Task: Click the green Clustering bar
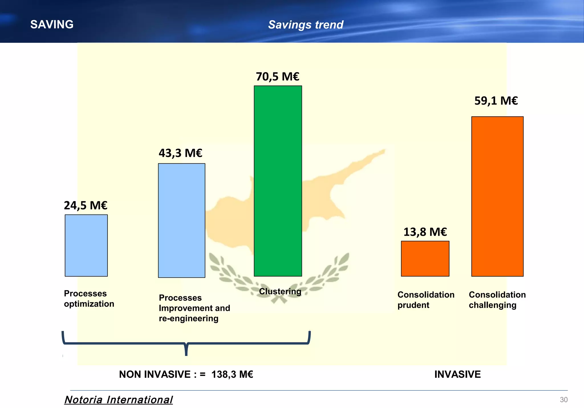278,181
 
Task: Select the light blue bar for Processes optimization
86,245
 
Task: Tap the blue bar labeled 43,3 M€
182,220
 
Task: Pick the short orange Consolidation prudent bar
425,259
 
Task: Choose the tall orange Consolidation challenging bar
497,196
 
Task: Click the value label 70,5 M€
277,77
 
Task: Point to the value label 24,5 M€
86,205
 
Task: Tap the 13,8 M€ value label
425,232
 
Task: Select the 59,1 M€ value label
496,101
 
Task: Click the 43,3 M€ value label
181,153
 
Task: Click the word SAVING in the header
52,25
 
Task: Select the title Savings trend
306,25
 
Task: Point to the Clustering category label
280,291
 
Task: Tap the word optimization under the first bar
89,304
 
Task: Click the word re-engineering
188,318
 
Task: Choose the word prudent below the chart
413,305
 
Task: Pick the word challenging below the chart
492,305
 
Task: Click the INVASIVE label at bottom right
457,374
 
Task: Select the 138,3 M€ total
232,374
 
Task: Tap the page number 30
563,399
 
